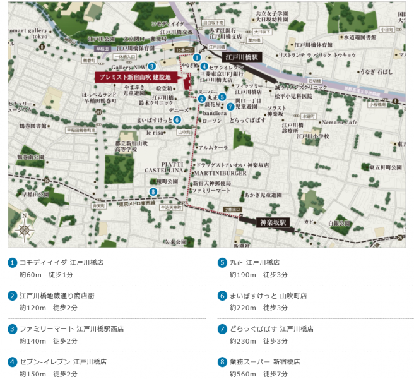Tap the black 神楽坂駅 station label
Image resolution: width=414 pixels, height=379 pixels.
point(273,222)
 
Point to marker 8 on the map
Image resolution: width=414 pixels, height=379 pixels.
point(153,192)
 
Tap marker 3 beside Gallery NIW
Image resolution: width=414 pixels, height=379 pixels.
point(152,66)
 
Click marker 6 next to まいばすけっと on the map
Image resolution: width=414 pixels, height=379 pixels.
point(177,119)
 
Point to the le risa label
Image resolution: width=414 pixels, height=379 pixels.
point(155,133)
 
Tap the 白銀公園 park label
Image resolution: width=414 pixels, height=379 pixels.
point(339,224)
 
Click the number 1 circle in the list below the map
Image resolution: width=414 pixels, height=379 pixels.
point(12,262)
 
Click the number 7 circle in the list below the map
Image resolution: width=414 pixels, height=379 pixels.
point(222,329)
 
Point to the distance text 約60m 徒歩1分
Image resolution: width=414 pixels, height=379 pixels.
point(46,274)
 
